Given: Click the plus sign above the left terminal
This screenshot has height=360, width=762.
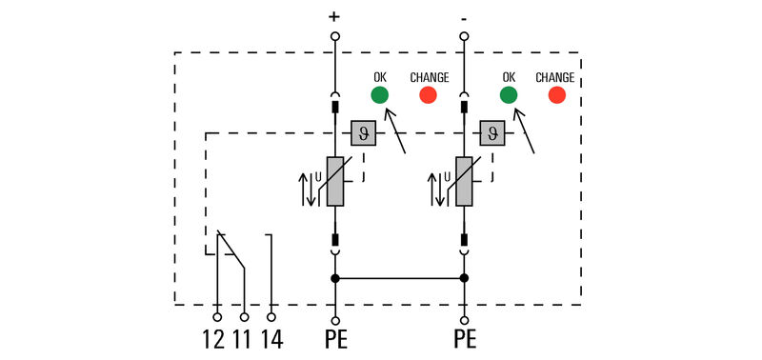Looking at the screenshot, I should tap(334, 16).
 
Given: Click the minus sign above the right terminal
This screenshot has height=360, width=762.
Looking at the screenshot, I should tap(464, 16).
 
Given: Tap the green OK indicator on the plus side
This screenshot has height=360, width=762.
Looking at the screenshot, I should tap(379, 94).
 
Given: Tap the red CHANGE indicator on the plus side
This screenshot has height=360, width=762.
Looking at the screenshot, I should tap(428, 94).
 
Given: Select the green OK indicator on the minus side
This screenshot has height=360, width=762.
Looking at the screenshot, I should tap(509, 94).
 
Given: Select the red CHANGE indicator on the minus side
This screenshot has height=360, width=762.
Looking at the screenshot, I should tap(556, 94).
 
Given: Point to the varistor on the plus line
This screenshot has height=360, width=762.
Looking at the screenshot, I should tap(335, 181).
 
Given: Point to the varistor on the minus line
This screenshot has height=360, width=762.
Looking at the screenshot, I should tap(465, 181).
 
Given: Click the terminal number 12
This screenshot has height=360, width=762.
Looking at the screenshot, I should tap(214, 338).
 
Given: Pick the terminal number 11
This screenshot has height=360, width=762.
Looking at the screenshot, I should tap(243, 338).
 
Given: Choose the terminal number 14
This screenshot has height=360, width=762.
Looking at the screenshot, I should tap(272, 338).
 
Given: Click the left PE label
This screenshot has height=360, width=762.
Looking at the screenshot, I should tap(335, 338).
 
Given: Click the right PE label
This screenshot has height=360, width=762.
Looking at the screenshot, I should tap(465, 338).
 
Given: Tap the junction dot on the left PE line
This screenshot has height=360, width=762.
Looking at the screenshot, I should tap(335, 278).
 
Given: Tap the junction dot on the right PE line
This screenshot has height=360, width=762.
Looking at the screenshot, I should tap(465, 278).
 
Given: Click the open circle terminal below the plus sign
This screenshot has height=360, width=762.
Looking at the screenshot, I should tap(335, 36).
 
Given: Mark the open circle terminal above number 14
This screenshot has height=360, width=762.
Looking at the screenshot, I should tap(271, 316).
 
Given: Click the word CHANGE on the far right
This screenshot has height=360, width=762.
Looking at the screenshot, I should tap(554, 77).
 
